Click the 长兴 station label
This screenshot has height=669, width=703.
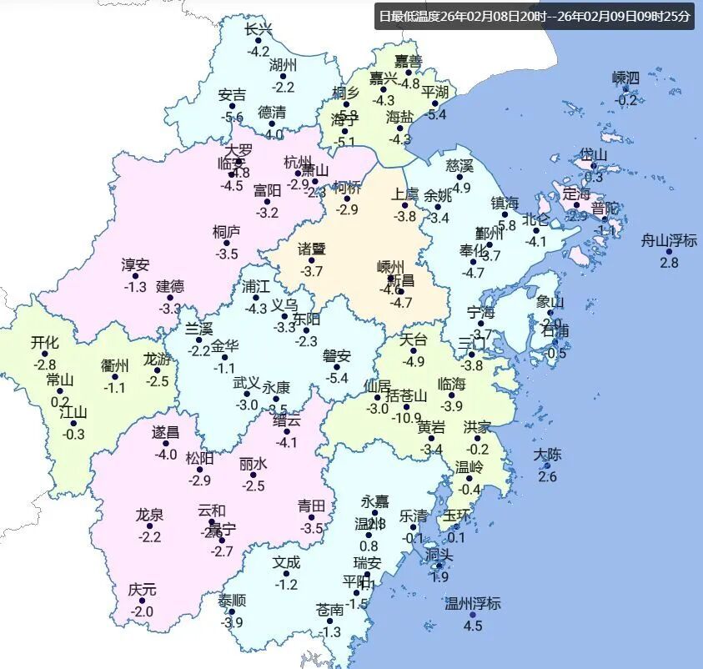click(259, 29)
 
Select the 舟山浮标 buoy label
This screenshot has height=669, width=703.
click(669, 241)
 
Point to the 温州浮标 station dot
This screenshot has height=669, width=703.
click(473, 615)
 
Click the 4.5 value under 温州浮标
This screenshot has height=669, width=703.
click(473, 626)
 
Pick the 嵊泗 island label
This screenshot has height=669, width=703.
click(625, 78)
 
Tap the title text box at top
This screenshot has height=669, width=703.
click(535, 16)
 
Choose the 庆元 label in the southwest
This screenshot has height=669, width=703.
click(142, 590)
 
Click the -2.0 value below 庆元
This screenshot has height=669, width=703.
click(142, 611)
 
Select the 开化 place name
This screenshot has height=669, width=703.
click(44, 342)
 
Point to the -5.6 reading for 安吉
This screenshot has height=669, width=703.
click(232, 117)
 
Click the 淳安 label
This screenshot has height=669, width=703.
click(135, 265)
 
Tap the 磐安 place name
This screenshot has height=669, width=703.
click(337, 356)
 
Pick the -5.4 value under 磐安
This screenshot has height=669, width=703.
click(337, 378)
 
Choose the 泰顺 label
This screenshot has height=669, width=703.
click(232, 600)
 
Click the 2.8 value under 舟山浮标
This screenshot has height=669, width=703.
click(669, 263)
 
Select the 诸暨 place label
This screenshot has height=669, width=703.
click(312, 249)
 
